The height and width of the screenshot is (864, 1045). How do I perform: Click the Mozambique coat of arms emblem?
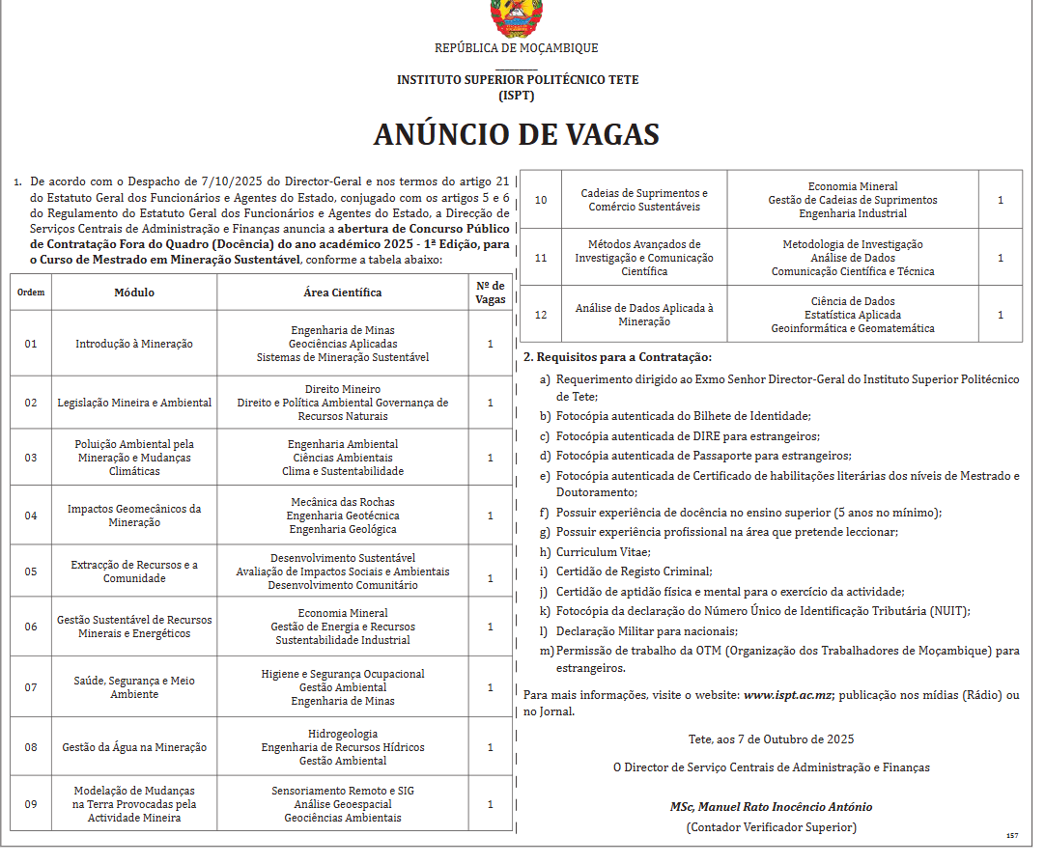point(517,16)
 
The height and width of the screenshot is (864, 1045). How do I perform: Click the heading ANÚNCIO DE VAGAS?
point(517,134)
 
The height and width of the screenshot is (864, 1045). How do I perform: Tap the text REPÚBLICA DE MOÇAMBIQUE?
point(517,48)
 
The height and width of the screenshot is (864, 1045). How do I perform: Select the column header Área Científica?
point(342,293)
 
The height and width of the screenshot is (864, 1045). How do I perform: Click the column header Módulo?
point(134,293)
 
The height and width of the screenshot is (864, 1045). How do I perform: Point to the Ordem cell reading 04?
point(31,516)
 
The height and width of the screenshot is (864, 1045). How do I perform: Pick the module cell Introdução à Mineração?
point(134,344)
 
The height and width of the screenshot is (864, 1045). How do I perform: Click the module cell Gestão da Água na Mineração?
point(134,747)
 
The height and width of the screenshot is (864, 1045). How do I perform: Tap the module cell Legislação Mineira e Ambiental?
point(134,403)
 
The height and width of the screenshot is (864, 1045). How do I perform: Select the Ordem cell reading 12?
point(541,315)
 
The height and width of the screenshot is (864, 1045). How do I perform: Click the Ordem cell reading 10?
point(541,200)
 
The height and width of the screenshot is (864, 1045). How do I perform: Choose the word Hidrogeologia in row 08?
point(343,734)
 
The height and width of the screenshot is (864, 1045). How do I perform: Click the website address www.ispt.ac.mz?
point(788,695)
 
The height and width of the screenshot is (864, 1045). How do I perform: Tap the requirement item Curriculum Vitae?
point(603,552)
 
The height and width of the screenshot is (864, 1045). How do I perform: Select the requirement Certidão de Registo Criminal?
point(634,571)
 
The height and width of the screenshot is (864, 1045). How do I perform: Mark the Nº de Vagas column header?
point(491,293)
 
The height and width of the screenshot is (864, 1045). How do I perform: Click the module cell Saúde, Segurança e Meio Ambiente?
point(134,687)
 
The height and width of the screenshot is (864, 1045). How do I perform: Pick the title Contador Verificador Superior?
point(771,827)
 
